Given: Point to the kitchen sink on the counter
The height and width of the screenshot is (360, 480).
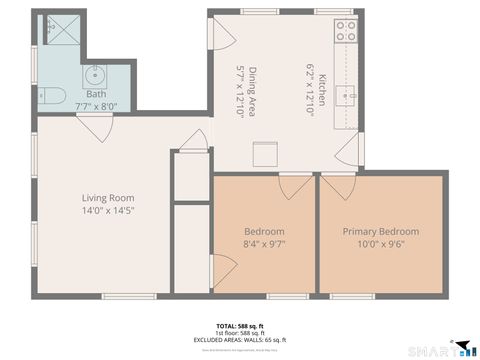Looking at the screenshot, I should (346, 97).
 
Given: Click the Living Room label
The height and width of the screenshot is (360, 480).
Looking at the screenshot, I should (108, 198).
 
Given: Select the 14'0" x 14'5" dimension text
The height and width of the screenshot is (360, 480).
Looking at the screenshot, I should (108, 211).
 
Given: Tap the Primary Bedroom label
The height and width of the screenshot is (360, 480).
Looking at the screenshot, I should (381, 231).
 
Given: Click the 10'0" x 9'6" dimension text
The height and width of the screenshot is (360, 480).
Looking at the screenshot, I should (381, 244).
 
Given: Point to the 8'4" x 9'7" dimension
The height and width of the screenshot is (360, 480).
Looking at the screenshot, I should (264, 244).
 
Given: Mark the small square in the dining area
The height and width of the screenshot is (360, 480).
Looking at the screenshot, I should (264, 155).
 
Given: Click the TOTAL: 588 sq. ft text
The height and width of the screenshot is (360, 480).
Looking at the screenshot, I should (240, 326).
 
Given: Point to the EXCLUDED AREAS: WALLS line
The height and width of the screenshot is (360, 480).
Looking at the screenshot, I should (240, 340).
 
